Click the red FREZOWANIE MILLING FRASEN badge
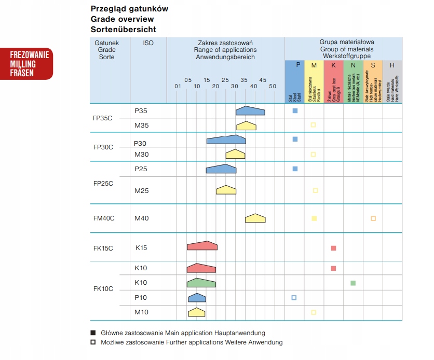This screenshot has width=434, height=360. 29,64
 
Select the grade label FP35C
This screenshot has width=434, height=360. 103,118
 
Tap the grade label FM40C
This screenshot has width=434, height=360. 104,218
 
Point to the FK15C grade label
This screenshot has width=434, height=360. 103,248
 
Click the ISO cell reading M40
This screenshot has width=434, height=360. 142,218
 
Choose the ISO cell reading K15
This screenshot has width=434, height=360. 141,248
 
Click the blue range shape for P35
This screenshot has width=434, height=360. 250,110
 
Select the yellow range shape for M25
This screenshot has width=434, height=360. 226,190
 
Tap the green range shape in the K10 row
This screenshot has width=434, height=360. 201,283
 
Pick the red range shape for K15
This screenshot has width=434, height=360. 202,246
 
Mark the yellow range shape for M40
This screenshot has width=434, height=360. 255,218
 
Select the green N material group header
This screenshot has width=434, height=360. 353,65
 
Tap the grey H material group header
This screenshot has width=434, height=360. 392,65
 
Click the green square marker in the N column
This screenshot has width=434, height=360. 353,283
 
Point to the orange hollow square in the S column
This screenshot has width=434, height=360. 373,218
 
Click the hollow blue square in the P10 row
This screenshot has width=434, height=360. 294,298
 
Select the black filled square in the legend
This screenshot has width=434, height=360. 93,333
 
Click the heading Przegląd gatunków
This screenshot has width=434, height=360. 129,9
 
